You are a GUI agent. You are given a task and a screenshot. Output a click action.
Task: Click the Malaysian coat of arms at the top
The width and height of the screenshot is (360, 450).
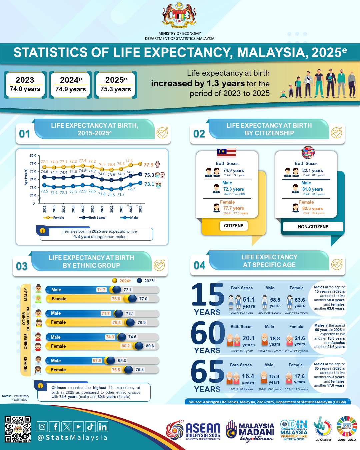point(179,15)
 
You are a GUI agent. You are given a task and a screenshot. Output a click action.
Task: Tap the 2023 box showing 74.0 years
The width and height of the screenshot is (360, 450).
point(25,85)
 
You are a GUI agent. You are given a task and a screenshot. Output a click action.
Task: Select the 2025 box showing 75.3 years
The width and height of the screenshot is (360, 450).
point(116,85)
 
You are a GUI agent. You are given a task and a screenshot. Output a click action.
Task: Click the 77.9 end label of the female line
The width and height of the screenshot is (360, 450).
point(148,165)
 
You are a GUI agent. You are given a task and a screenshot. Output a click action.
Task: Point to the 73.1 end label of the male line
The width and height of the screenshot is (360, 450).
point(149,184)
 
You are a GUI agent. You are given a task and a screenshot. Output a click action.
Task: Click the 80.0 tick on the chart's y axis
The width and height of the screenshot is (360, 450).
point(33,156)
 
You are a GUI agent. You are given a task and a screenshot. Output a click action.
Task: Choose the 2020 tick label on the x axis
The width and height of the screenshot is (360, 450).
point(92,209)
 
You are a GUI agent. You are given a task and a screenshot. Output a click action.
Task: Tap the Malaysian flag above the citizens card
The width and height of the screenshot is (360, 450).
point(226,153)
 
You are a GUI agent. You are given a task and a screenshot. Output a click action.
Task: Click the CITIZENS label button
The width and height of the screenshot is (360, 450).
point(234,226)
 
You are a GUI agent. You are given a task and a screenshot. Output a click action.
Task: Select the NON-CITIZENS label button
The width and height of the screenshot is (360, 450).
point(313,227)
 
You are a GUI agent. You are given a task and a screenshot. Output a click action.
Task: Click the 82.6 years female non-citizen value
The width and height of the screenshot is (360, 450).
point(312,209)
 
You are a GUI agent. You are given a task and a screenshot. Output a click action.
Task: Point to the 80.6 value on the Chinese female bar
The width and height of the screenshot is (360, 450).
point(150,346)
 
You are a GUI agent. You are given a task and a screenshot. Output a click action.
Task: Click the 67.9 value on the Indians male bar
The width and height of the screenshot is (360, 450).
point(97,361)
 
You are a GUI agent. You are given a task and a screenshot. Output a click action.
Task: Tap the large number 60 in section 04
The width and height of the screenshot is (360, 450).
point(208,333)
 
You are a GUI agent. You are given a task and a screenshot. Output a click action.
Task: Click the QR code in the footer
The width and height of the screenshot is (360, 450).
point(18,429)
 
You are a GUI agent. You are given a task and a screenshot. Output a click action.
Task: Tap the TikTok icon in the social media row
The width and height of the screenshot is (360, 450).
point(90,427)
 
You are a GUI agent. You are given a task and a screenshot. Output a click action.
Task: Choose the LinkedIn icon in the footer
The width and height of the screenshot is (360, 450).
point(103,427)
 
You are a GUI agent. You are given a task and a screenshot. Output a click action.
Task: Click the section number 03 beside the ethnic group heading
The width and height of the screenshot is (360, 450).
point(22,266)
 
